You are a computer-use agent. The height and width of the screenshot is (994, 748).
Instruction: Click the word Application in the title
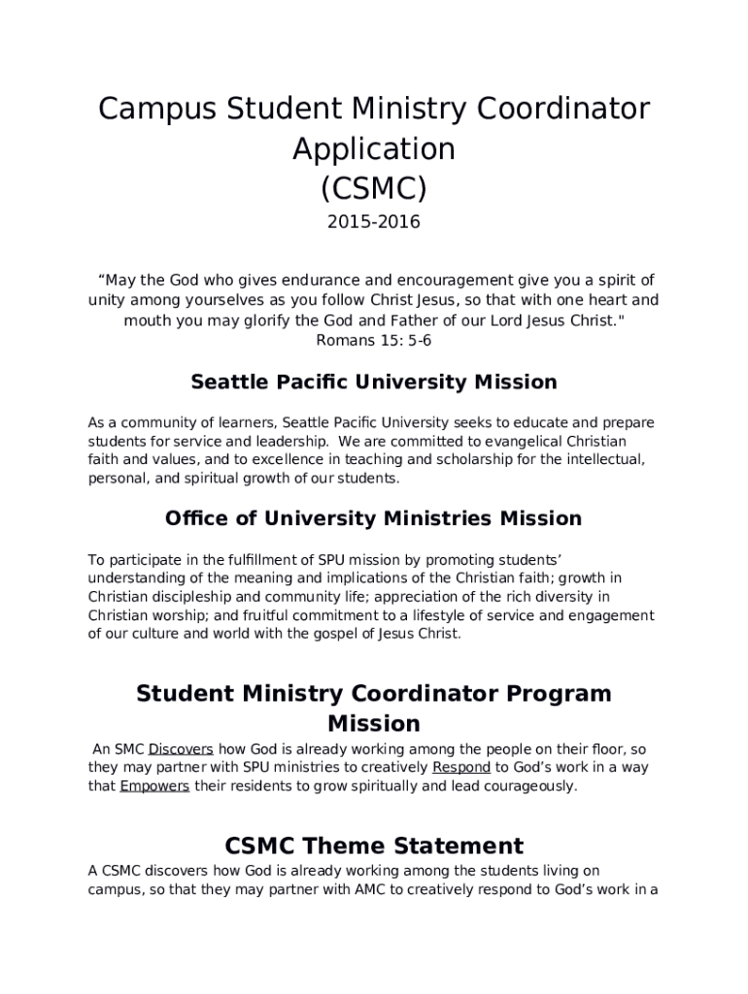click(x=374, y=149)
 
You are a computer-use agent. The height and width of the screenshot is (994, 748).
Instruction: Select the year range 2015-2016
click(x=374, y=222)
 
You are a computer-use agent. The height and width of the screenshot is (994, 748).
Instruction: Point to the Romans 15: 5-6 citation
click(x=374, y=340)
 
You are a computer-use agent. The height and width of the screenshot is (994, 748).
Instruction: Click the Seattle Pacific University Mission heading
click(x=374, y=381)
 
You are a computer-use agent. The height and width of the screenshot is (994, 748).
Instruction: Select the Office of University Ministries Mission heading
click(x=374, y=518)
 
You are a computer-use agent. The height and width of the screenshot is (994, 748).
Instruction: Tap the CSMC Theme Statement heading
click(x=374, y=845)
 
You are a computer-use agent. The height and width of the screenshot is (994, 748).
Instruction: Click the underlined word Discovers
click(x=181, y=748)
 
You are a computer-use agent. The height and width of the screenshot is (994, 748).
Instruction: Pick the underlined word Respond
click(x=461, y=767)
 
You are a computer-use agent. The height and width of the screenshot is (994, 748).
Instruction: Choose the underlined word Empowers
click(x=154, y=785)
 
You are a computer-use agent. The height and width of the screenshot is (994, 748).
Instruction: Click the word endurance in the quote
click(x=295, y=281)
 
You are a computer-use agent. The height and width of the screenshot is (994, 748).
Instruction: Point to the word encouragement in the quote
click(x=427, y=281)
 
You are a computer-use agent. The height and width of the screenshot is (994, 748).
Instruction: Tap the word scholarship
click(x=490, y=460)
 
